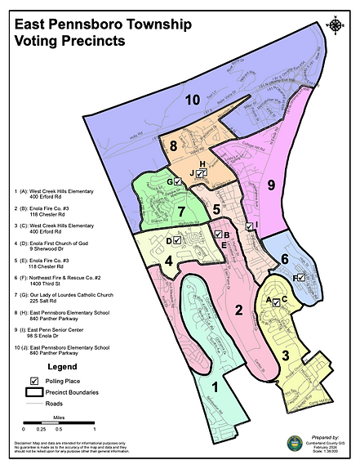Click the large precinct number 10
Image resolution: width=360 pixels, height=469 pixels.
coord(193,100)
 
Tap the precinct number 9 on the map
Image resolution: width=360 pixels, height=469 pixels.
coord(272,185)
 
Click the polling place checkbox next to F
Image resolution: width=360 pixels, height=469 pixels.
coord(301,278)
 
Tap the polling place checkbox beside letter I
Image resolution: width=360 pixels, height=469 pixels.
coord(249,226)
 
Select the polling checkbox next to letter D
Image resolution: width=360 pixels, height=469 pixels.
coord(177,241)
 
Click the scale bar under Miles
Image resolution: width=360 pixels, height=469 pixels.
coord(59,422)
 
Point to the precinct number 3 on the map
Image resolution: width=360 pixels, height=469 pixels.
coord(286,355)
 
